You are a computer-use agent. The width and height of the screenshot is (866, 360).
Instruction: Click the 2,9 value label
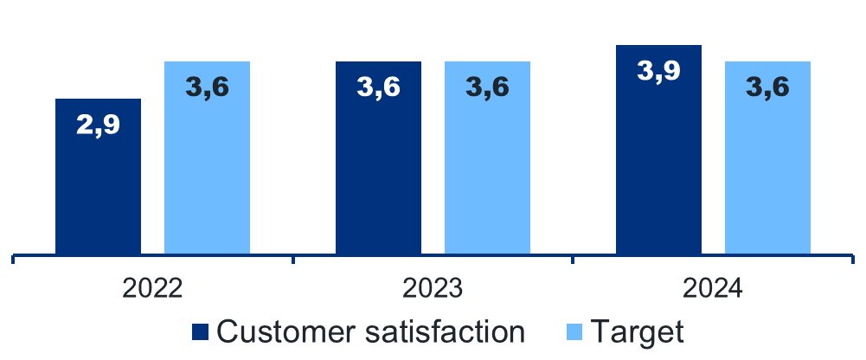98,125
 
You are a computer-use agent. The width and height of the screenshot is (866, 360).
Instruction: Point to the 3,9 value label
658,71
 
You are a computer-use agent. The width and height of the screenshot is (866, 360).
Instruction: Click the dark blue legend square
201,331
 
